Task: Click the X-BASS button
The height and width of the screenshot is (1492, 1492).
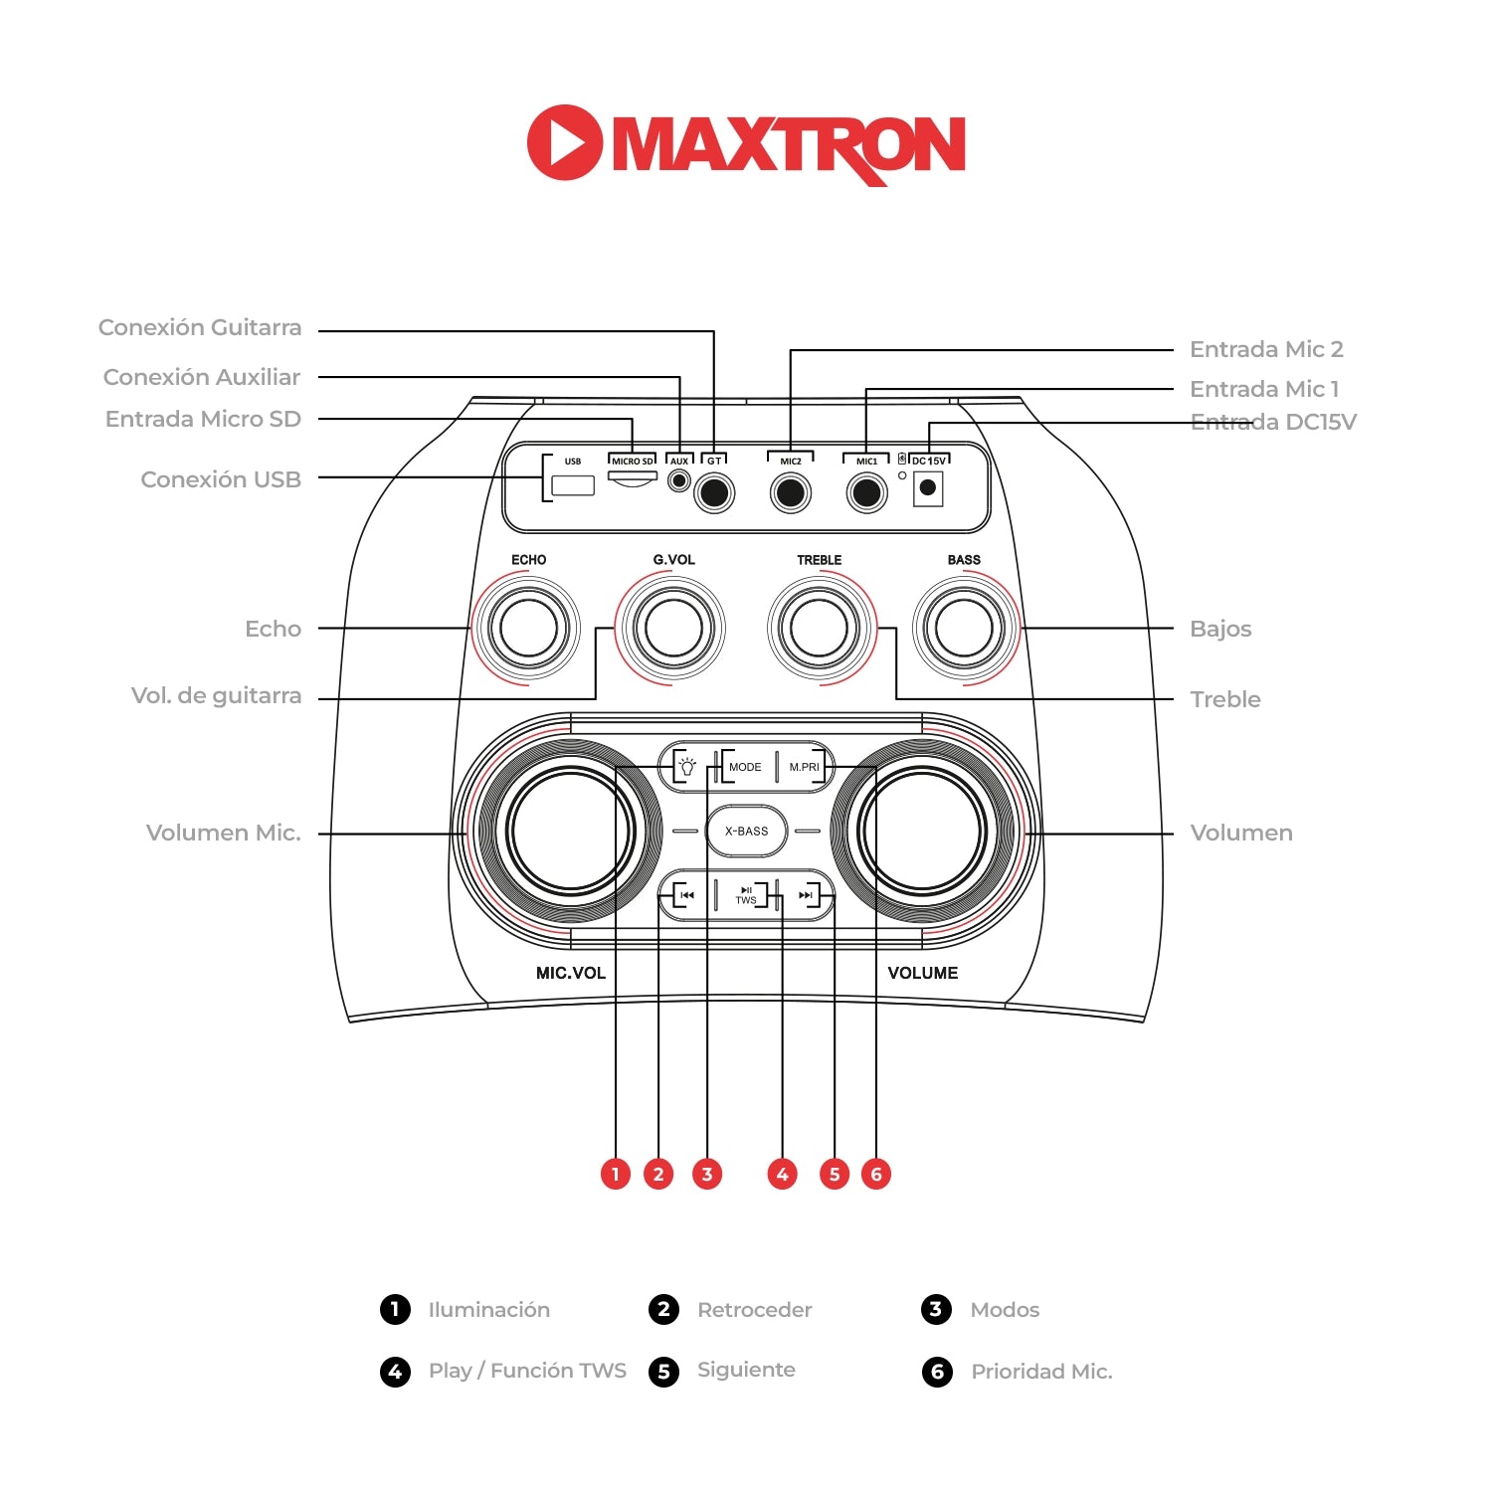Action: [x=746, y=832]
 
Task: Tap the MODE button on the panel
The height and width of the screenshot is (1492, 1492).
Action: [x=745, y=767]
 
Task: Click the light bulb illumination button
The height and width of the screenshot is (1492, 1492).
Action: [x=686, y=767]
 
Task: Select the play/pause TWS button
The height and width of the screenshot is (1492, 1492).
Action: [x=746, y=895]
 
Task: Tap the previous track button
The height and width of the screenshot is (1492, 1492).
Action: [x=686, y=895]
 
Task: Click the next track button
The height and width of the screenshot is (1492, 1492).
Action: [x=806, y=895]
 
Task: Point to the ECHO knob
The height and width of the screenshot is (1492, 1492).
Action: [x=528, y=628]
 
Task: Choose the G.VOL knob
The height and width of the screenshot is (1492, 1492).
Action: [x=673, y=628]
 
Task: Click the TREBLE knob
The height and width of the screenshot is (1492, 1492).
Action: [x=820, y=628]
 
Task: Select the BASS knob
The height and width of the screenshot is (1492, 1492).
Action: [x=964, y=628]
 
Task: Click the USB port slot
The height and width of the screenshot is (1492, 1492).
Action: [x=573, y=485]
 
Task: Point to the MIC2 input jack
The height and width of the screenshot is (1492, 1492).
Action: [x=791, y=492]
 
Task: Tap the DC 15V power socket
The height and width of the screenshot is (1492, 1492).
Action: [x=928, y=487]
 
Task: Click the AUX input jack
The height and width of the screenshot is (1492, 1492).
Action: [x=679, y=481]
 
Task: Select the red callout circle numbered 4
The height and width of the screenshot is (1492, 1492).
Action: [x=783, y=1175]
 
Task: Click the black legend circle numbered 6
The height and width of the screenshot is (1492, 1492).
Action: [x=937, y=1372]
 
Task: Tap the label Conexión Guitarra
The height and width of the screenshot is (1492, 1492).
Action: [x=200, y=327]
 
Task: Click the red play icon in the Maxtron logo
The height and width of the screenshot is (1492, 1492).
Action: [x=565, y=142]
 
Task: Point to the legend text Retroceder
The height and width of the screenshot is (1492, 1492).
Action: [x=754, y=1310]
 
